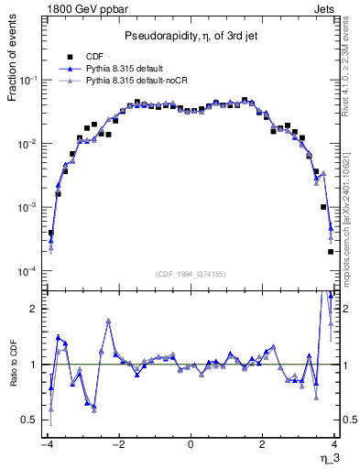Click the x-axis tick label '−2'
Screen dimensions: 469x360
(x=117, y=445)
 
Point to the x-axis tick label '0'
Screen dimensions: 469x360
(x=191, y=445)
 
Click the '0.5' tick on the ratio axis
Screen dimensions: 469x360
(x=30, y=420)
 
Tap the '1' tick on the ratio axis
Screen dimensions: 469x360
(x=35, y=365)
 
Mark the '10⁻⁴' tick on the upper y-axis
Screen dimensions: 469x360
(x=28, y=271)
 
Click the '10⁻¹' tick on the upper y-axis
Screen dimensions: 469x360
(x=28, y=81)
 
